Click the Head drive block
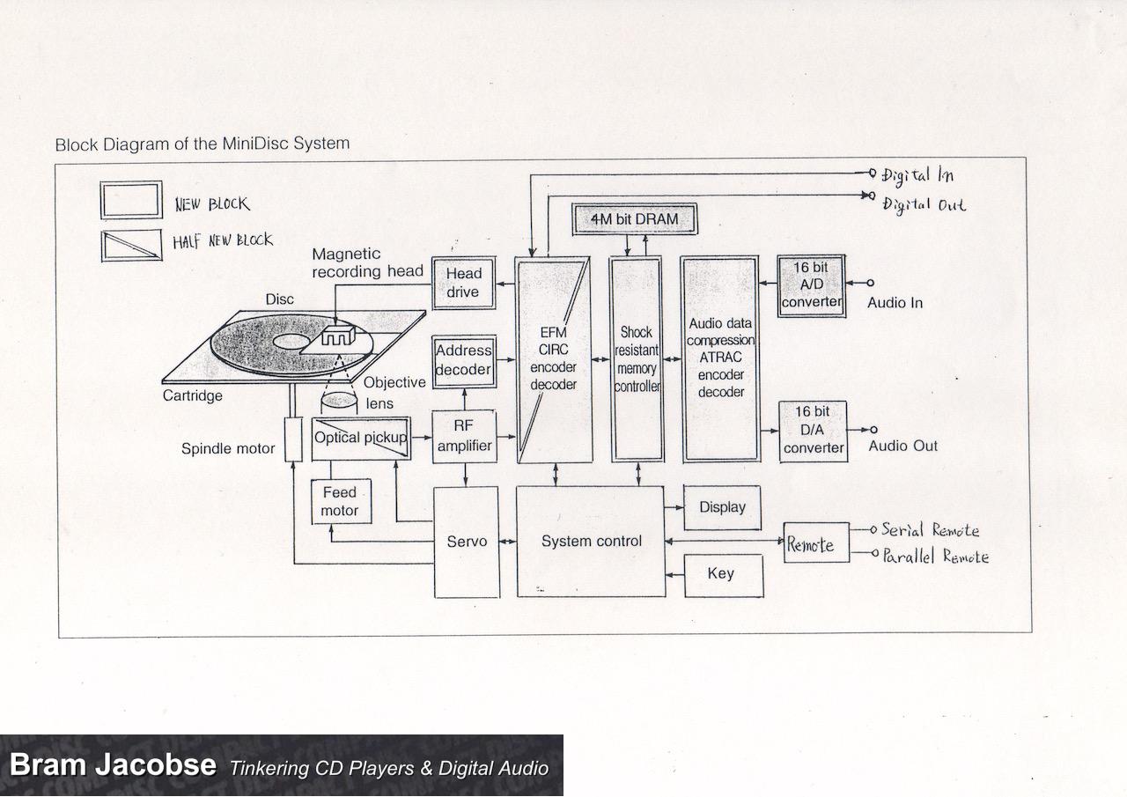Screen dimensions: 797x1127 coord(462,283)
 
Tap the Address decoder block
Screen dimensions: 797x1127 coord(463,360)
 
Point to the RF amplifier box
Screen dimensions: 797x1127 coord(464,437)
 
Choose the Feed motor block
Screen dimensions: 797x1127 coord(339,502)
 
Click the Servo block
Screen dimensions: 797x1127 coord(466,542)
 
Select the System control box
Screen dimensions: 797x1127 coord(591,542)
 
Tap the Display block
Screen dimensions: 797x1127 coord(722,507)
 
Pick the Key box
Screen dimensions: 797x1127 coord(722,574)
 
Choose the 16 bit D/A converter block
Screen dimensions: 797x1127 coord(813,430)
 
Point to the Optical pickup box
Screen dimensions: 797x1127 coord(361,438)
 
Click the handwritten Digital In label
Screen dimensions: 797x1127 coord(917,175)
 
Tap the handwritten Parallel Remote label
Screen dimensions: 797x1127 coord(935,557)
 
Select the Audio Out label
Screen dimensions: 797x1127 coord(903,446)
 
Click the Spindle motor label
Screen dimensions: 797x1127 coord(228,449)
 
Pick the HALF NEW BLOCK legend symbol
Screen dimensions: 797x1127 coord(131,245)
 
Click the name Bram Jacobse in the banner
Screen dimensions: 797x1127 coord(112,764)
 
